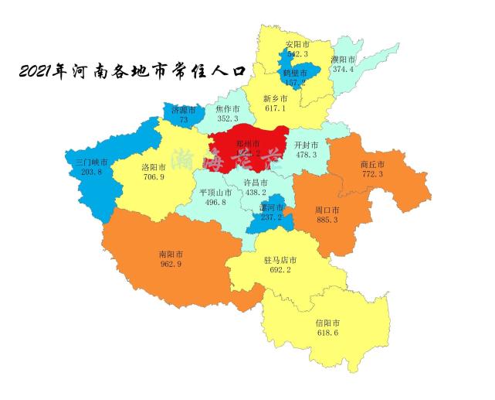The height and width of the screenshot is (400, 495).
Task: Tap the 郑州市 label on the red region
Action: tap(248, 143)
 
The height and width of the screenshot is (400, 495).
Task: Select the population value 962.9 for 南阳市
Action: tap(170, 265)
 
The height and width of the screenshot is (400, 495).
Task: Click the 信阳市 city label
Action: tap(327, 322)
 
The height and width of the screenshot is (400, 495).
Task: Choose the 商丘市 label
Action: tap(372, 164)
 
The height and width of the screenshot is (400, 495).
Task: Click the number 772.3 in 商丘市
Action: tap(372, 174)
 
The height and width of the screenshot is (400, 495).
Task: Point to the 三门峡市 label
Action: tap(91, 162)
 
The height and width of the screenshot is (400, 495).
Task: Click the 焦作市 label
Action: tap(229, 108)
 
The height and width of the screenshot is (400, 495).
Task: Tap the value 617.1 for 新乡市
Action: tap(275, 108)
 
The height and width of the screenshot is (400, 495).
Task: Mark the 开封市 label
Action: tap(307, 145)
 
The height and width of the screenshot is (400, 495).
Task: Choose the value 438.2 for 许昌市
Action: tap(255, 192)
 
